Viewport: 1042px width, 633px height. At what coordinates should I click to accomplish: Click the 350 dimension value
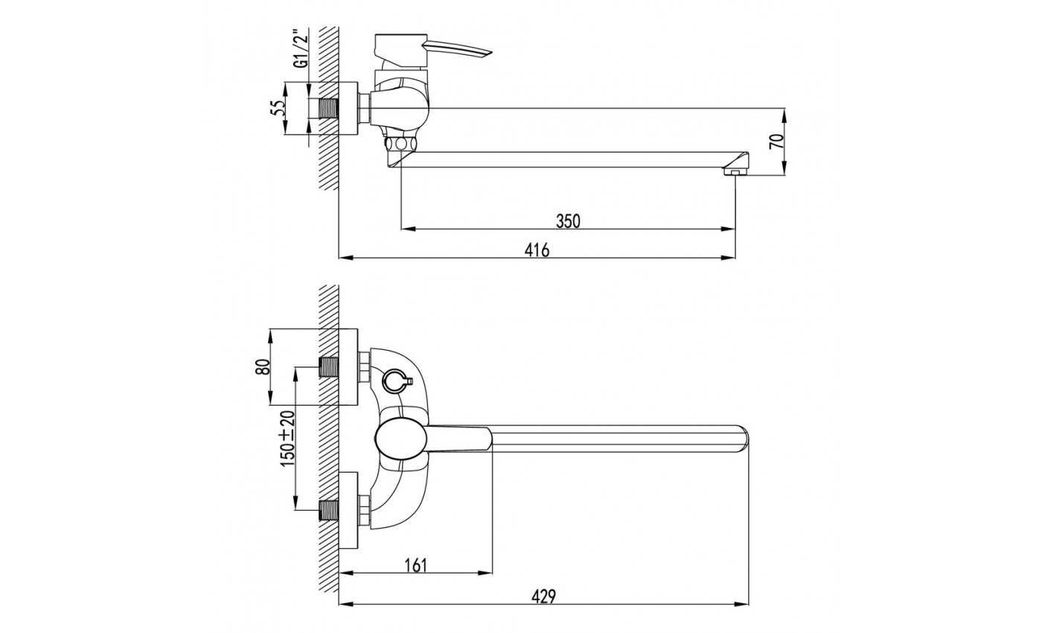567,220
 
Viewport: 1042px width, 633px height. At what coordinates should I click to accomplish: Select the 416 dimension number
537,250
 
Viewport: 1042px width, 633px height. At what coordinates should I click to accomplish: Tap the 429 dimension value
544,596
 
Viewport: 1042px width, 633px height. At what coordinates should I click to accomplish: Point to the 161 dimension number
418,565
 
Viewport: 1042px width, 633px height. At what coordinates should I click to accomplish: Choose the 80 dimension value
262,367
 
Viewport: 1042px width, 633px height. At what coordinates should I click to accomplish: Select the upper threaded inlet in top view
327,366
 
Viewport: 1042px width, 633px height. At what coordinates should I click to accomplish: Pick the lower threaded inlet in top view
327,510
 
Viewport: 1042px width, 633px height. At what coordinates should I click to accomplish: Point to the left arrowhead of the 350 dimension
406,229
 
